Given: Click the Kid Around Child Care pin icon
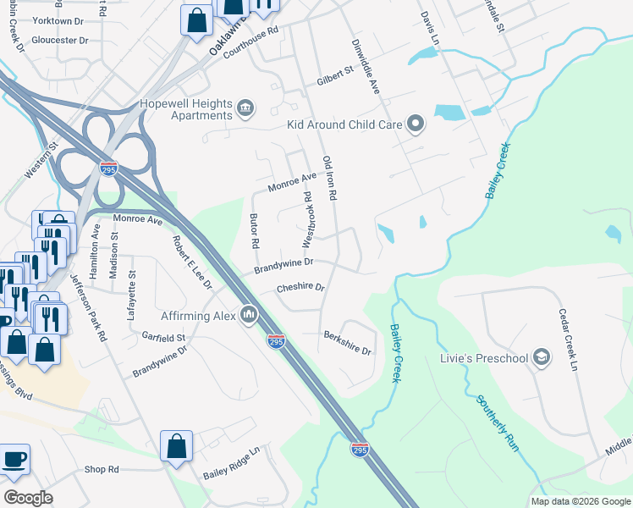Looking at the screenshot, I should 416,124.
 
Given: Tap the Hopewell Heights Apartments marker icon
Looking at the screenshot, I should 245,108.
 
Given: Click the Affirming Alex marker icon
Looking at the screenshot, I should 248,315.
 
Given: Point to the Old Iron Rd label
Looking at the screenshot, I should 329,179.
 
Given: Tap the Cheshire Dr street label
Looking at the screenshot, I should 300,288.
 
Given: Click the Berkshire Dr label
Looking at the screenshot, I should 347,342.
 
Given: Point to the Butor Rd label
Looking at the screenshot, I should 253,230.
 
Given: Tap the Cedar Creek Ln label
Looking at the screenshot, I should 566,340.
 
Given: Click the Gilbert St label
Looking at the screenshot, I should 334,74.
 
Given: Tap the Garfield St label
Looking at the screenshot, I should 163,337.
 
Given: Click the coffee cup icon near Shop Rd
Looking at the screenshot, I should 14,460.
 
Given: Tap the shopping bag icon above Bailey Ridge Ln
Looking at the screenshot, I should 176,445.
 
